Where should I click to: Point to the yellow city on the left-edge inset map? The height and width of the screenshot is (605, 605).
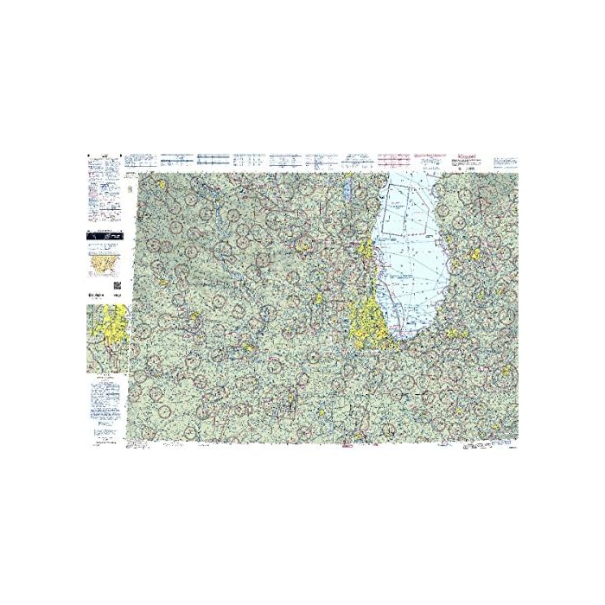tap(112, 334)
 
